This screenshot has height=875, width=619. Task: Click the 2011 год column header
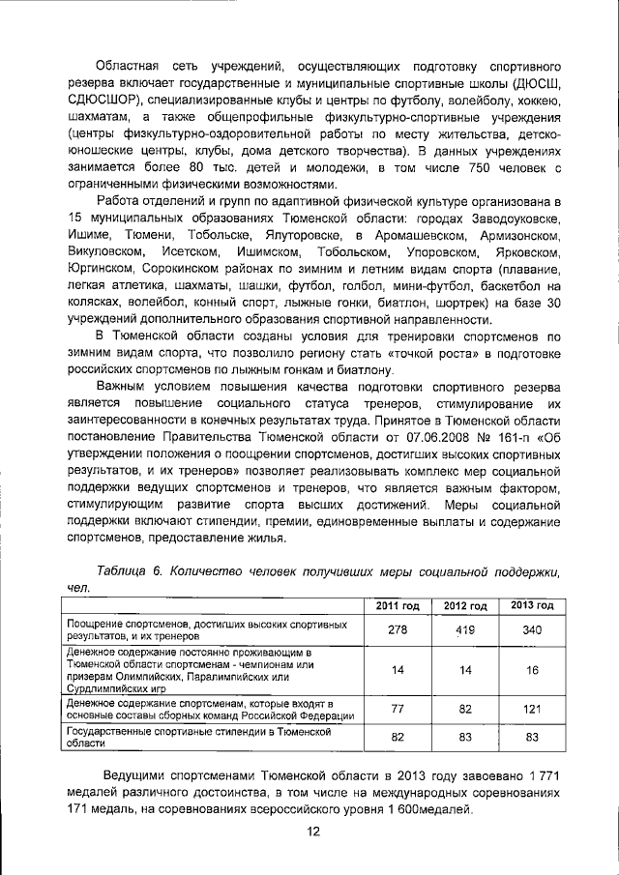click(397, 605)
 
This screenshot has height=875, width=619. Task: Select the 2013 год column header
click(531, 605)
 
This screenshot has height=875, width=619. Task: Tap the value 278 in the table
click(397, 629)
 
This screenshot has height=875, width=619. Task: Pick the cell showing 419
click(464, 629)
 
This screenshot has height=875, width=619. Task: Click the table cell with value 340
click(531, 629)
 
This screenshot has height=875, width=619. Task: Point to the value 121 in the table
click(531, 710)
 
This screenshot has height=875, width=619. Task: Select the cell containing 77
click(397, 710)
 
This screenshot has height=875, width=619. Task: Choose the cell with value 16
click(531, 670)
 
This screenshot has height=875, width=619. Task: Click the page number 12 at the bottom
click(312, 832)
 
